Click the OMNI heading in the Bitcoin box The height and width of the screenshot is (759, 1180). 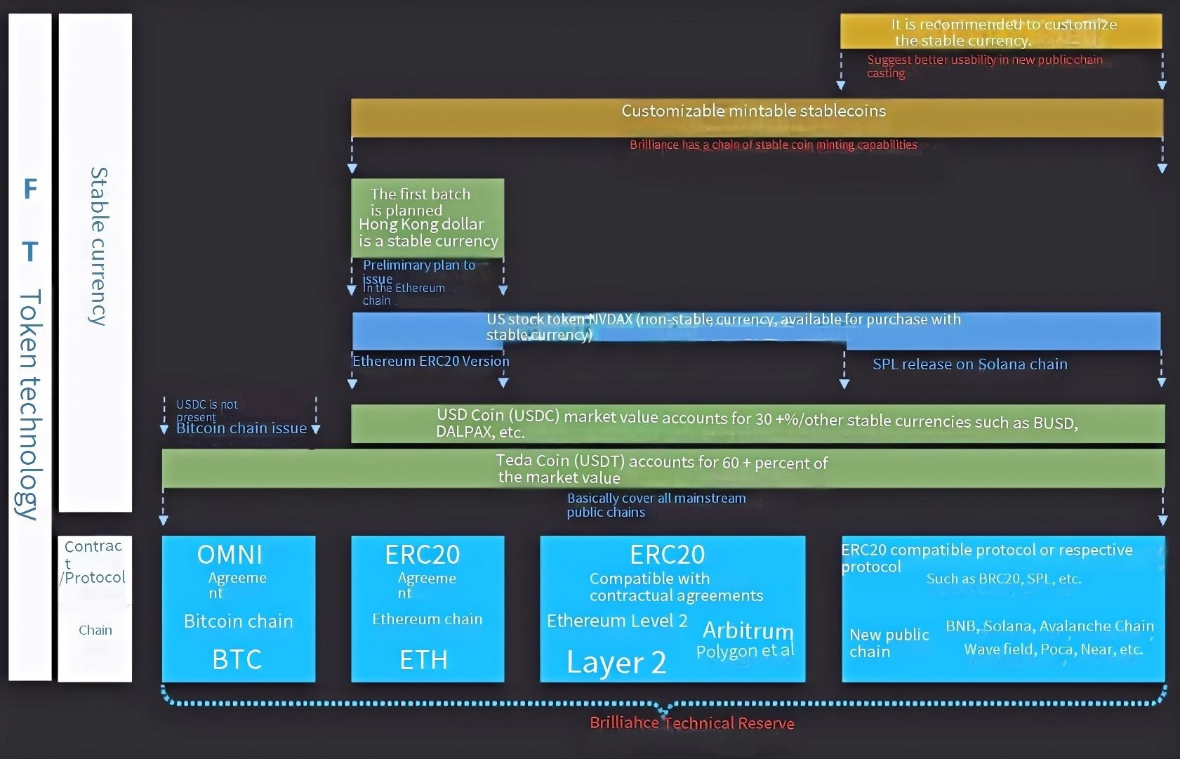click(230, 555)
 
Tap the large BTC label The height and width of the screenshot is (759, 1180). click(237, 659)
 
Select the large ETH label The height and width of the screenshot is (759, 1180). click(423, 660)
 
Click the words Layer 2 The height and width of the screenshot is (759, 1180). click(616, 662)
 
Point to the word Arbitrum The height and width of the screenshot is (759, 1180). click(748, 630)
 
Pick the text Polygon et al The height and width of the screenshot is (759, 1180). click(745, 651)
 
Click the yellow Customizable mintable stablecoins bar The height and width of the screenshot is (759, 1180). click(756, 117)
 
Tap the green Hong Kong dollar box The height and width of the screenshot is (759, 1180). click(427, 218)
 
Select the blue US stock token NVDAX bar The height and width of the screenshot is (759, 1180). click(756, 330)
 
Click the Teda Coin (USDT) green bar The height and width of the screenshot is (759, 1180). click(663, 469)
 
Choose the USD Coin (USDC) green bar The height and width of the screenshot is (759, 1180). click(757, 423)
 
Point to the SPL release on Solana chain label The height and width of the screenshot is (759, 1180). click(969, 364)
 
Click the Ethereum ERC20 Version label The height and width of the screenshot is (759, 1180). click(430, 361)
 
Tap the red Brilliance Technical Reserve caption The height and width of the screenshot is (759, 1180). click(691, 723)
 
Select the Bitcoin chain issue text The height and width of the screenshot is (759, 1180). click(241, 428)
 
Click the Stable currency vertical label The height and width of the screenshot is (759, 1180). click(98, 246)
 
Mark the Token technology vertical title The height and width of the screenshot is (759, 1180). click(29, 404)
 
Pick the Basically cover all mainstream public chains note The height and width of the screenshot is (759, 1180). click(656, 505)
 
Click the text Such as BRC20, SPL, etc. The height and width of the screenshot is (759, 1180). click(1003, 579)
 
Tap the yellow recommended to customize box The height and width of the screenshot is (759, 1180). click(1001, 32)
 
